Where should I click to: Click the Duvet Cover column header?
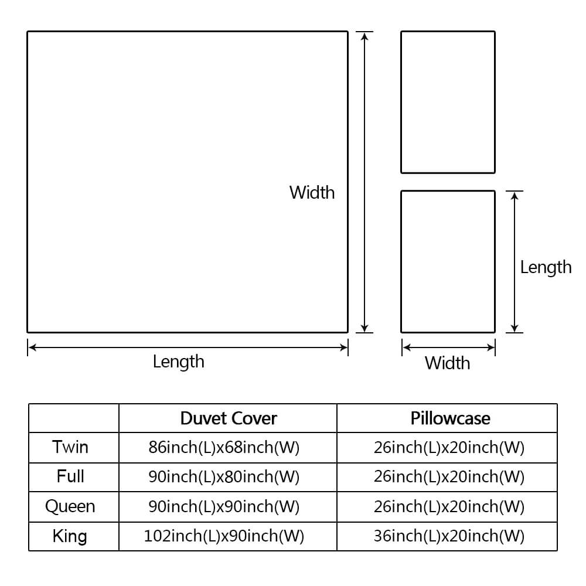pyautogui.click(x=229, y=418)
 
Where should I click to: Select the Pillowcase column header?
pyautogui.click(x=450, y=418)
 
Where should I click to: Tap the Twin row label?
pyautogui.click(x=70, y=447)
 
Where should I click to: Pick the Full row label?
pyautogui.click(x=70, y=476)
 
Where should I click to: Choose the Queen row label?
pyautogui.click(x=70, y=506)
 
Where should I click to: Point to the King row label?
pyautogui.click(x=70, y=536)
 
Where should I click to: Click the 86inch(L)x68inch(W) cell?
pyautogui.click(x=224, y=447)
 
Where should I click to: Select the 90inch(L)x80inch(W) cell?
pyautogui.click(x=224, y=477)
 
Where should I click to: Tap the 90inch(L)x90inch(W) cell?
pyautogui.click(x=224, y=507)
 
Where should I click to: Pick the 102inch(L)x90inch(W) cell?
pyautogui.click(x=224, y=536)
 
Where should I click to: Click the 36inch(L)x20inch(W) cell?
pyautogui.click(x=449, y=536)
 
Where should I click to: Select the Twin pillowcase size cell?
pyautogui.click(x=449, y=447)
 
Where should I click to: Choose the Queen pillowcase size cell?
pyautogui.click(x=449, y=507)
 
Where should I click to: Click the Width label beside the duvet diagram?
pyautogui.click(x=312, y=192)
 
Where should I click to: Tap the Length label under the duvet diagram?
pyautogui.click(x=179, y=362)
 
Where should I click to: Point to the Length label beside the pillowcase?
pyautogui.click(x=546, y=268)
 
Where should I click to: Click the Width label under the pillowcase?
pyautogui.click(x=447, y=363)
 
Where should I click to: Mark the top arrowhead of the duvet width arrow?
pyautogui.click(x=364, y=36)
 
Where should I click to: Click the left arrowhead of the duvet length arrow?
pyautogui.click(x=32, y=347)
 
